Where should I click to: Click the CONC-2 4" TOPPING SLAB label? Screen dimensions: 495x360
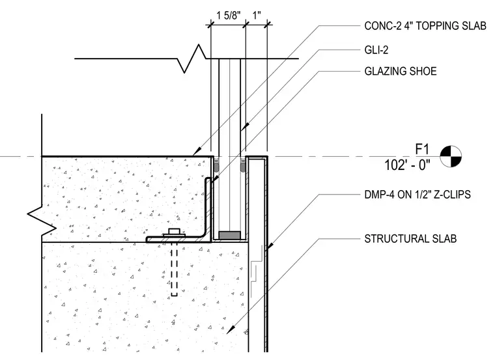[425, 26]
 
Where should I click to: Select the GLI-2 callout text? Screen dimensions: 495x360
[376, 50]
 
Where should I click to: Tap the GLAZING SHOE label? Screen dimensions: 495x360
[401, 72]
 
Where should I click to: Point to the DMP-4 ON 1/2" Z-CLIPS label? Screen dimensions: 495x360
[417, 195]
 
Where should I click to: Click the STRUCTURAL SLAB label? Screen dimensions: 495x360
[410, 238]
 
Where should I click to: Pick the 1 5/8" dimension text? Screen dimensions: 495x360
[228, 15]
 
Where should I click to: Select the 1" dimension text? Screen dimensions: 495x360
[257, 15]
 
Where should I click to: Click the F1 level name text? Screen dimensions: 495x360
[422, 149]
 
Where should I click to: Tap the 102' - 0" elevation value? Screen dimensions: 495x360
[407, 165]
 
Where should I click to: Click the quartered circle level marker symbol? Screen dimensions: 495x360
[451, 156]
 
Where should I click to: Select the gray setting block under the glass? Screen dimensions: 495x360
[229, 236]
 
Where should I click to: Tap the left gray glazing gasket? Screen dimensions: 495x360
[216, 166]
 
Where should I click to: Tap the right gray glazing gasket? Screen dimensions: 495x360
[243, 166]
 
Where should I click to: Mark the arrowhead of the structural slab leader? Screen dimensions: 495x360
[231, 329]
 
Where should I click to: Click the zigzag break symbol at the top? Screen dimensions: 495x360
[191, 59]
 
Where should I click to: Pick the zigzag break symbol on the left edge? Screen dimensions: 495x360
[42, 221]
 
